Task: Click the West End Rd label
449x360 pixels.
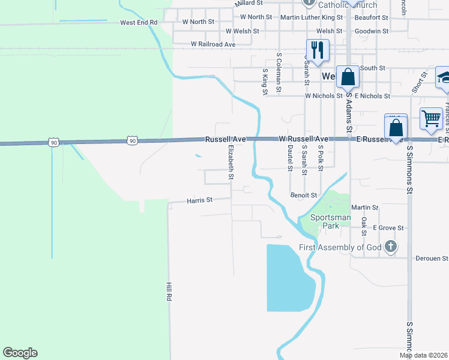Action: click(138, 22)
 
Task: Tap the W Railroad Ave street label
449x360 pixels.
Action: click(213, 44)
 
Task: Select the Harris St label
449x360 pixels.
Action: click(199, 200)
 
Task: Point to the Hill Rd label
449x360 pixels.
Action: click(169, 292)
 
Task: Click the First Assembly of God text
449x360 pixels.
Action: click(340, 247)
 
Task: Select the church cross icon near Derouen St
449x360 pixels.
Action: click(391, 246)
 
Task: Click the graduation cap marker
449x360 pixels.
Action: click(444, 77)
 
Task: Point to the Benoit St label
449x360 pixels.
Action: click(303, 195)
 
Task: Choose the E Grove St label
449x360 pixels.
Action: click(388, 228)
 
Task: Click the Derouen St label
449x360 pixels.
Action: click(432, 259)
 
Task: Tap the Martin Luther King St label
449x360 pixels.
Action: click(312, 17)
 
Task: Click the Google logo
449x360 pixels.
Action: click(20, 353)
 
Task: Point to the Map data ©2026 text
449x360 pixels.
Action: click(423, 356)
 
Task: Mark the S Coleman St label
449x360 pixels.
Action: click(279, 73)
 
